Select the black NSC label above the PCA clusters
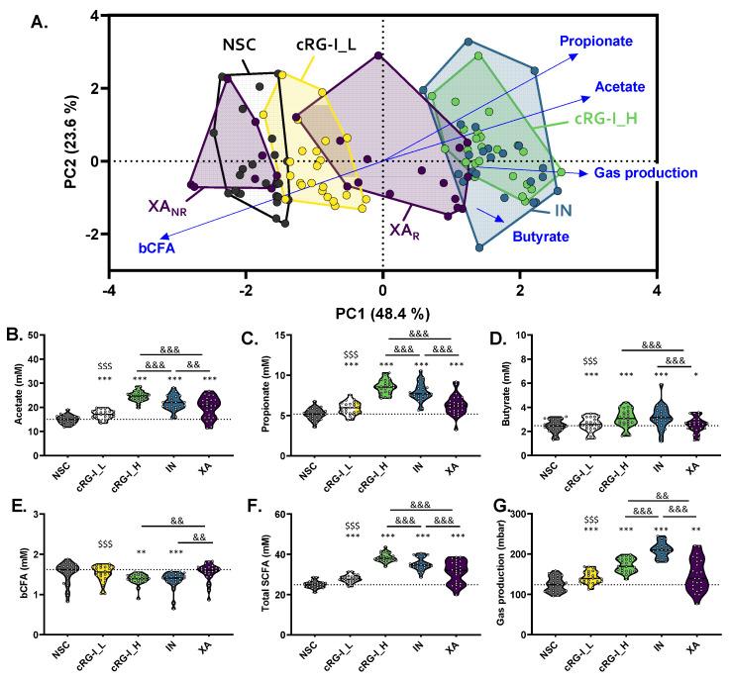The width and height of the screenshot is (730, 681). tap(242, 44)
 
